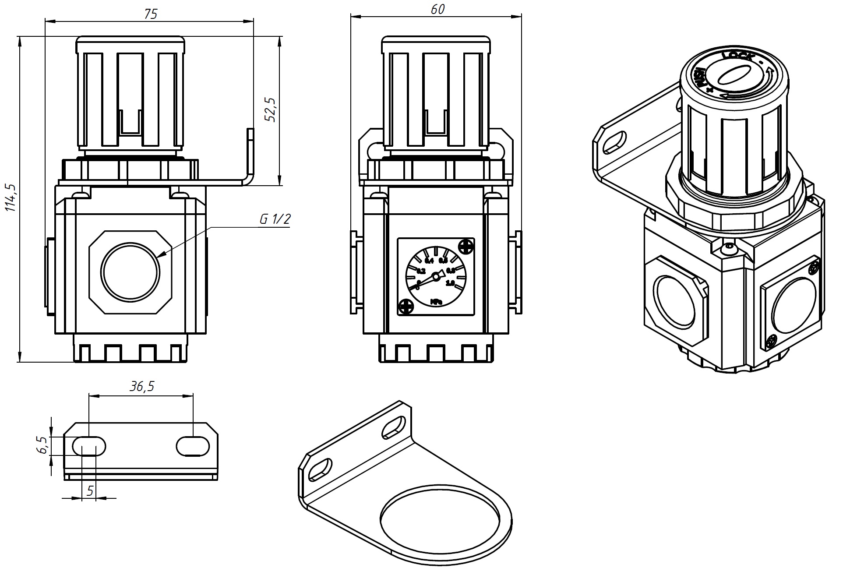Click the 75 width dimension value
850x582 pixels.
150,14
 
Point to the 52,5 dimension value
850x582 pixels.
271,109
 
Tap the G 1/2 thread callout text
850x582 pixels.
275,219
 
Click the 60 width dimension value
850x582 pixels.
437,9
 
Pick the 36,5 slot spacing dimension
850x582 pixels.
142,386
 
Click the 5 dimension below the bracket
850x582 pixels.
90,491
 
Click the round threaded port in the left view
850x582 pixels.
130,272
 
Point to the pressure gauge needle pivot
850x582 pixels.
436,276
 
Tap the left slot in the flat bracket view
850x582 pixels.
89,446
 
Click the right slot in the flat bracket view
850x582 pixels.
193,446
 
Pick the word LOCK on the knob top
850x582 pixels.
739,56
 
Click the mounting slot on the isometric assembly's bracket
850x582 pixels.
615,142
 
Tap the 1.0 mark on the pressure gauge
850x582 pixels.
450,283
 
